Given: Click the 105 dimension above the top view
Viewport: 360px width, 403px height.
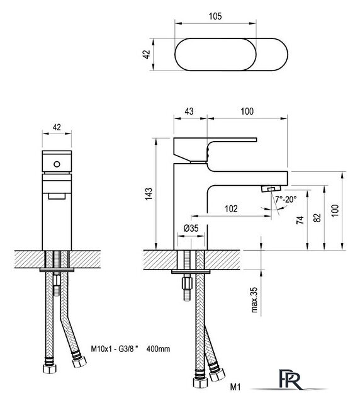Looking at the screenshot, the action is point(215,16).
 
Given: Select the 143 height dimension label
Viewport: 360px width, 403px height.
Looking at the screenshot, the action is point(149,194).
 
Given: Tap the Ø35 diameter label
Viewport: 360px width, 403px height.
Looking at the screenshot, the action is point(191,228).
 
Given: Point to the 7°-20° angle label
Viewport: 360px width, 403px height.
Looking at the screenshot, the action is point(286,200).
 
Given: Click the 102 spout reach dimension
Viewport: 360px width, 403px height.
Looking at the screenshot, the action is point(231,208).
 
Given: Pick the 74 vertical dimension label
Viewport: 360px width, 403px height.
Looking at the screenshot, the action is point(300,220).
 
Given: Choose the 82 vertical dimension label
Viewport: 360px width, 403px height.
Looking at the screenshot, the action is point(318,217).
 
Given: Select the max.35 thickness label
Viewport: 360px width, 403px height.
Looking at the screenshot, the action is point(254,300).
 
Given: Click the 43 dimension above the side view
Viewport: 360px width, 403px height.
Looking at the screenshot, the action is point(189,111).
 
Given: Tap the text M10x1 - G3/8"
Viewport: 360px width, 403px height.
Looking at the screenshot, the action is point(115,349).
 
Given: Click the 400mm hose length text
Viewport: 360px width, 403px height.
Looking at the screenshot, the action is point(158,349).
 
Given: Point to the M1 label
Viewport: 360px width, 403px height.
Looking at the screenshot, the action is point(235,387).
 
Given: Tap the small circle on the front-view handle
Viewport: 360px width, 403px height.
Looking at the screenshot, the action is point(57,164).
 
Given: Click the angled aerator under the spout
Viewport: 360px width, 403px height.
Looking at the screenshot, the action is point(271,189).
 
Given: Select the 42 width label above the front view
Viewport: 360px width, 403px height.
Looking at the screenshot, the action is point(57,127).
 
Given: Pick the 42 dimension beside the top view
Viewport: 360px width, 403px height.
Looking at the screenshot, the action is point(146,54).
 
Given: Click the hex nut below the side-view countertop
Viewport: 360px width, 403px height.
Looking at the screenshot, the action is point(187,283).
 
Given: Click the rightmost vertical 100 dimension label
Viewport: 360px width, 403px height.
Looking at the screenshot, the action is point(335,210).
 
